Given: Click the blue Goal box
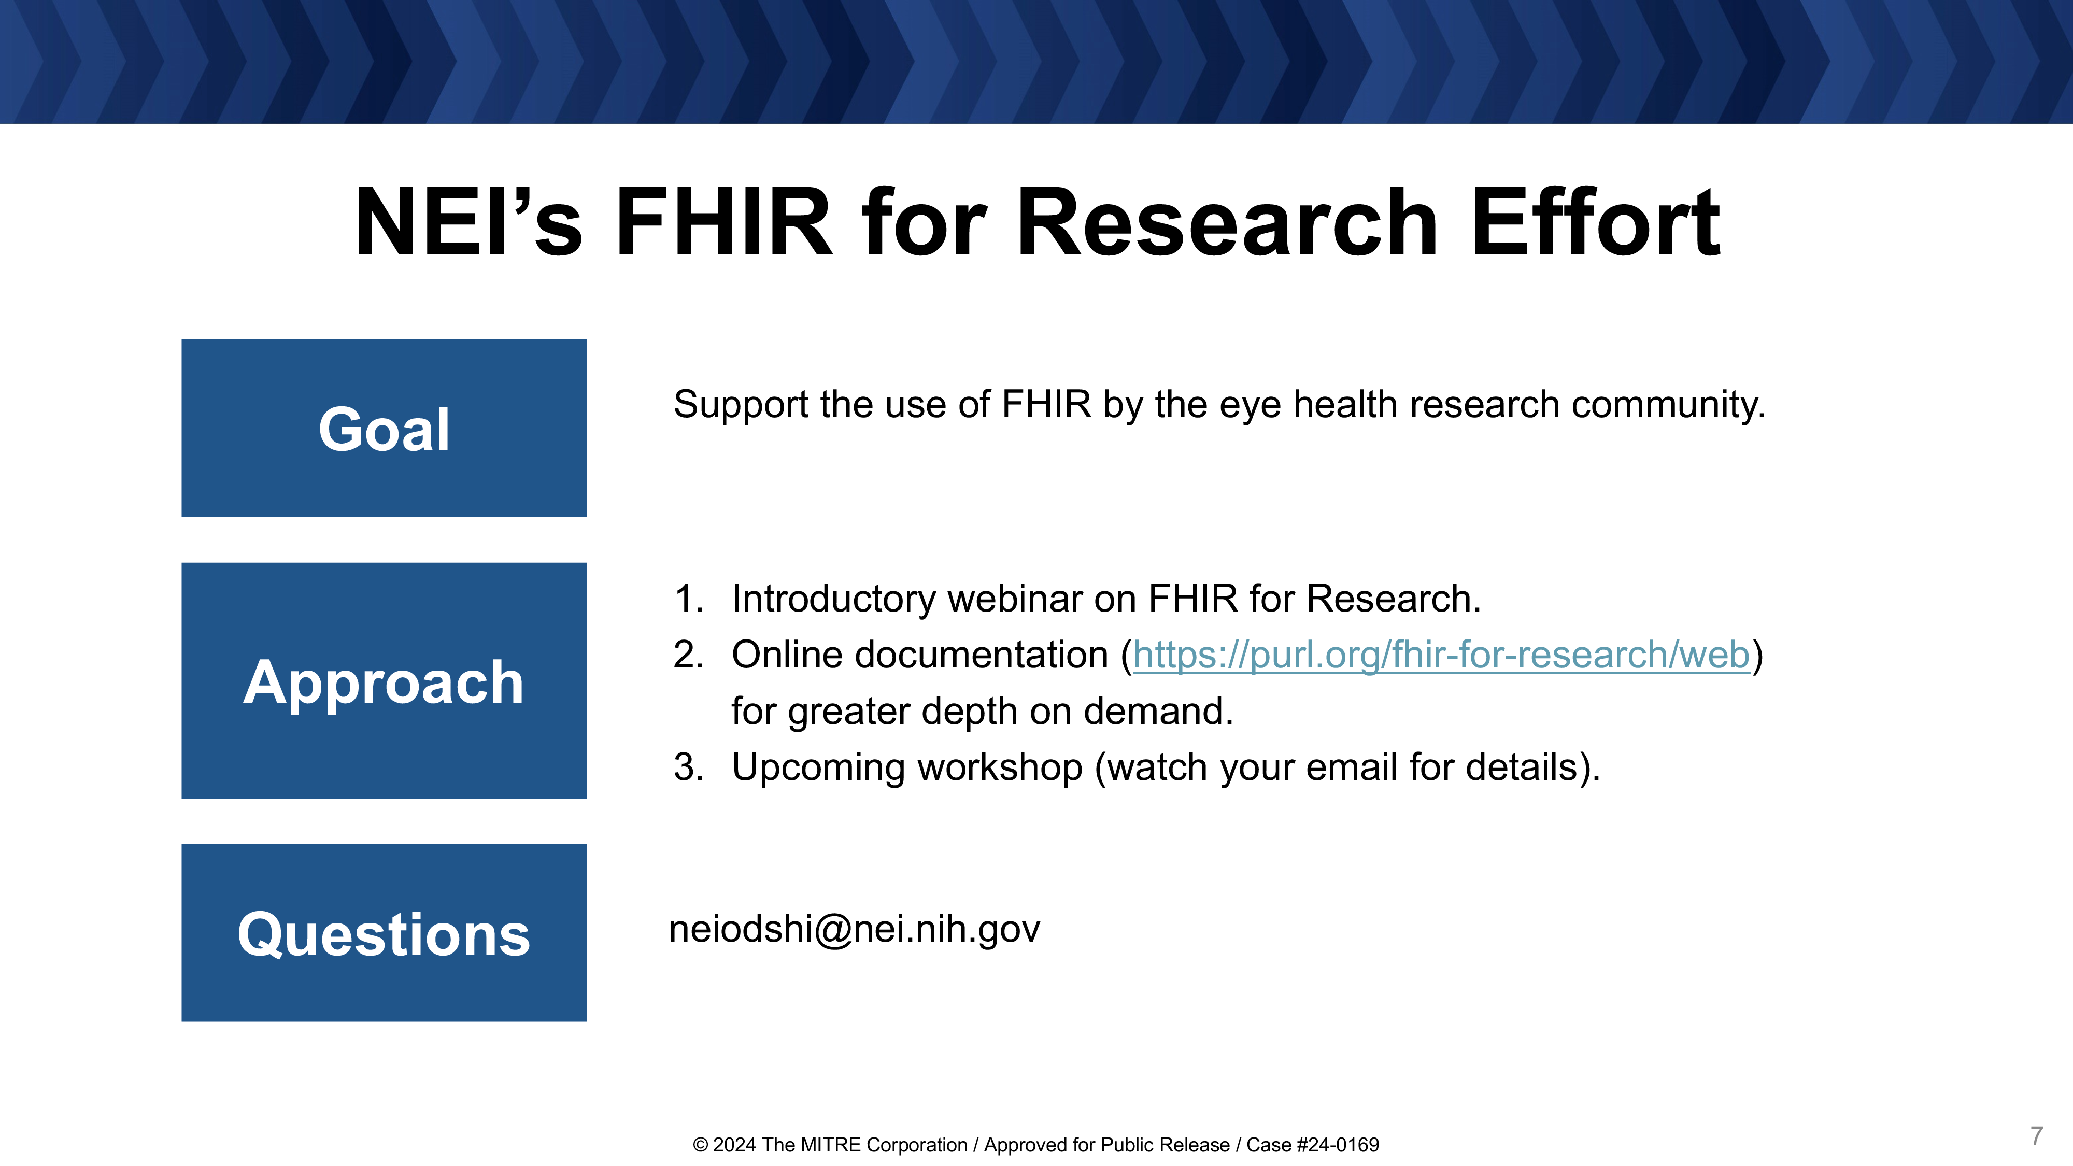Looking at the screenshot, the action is point(384,428).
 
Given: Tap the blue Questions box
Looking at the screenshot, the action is point(384,933).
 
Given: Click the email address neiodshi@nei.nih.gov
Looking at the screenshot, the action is point(855,929).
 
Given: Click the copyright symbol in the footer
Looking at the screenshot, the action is point(700,1145).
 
